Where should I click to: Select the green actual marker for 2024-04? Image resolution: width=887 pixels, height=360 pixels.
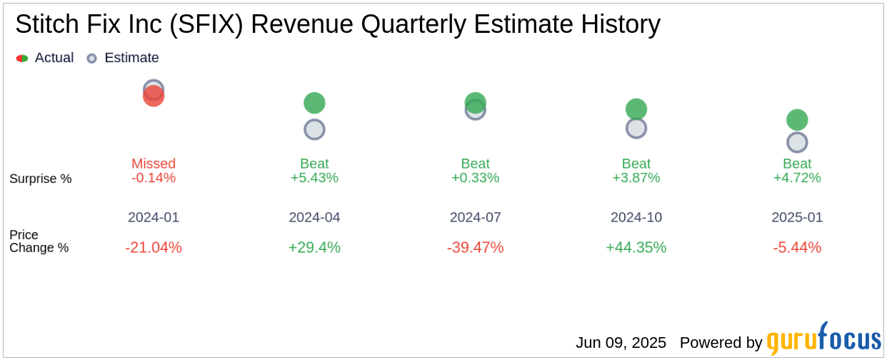tap(314, 103)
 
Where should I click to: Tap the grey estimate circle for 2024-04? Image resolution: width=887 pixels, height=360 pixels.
tap(314, 129)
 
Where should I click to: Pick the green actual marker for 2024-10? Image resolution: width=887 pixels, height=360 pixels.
tap(636, 109)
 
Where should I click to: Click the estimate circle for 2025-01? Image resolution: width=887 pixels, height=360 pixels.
tap(797, 142)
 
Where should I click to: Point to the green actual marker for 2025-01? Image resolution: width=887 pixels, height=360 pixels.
tap(797, 119)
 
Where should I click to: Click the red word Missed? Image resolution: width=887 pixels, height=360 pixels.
tap(154, 164)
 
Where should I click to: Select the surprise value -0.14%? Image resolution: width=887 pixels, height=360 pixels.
tap(154, 178)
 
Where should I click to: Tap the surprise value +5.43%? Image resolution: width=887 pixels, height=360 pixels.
tap(314, 178)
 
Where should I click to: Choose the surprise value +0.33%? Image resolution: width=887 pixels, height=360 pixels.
tap(475, 178)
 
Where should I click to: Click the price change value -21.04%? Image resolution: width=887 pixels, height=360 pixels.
tap(154, 247)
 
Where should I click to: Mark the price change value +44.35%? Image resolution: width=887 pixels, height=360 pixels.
tap(636, 247)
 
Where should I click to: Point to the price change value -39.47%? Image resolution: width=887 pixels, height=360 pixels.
tap(475, 247)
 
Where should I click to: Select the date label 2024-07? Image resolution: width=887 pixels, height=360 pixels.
tap(475, 217)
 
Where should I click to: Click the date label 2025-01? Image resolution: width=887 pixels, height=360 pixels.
tap(797, 217)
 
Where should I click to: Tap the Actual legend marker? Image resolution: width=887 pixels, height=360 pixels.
tap(22, 58)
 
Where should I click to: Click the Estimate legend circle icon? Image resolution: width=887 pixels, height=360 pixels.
tap(91, 58)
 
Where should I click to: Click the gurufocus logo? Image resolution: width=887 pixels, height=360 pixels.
tap(823, 339)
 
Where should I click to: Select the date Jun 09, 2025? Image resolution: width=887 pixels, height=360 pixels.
tap(621, 343)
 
